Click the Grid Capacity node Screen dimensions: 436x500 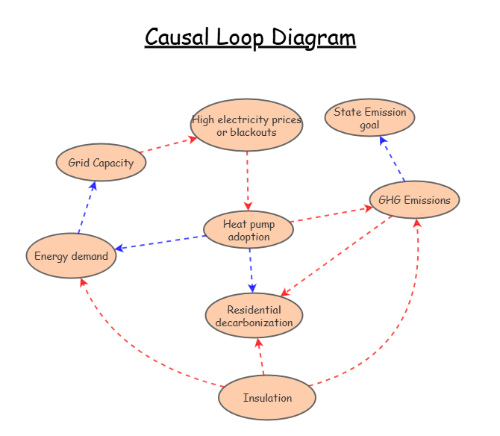101,163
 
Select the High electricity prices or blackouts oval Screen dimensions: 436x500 246,125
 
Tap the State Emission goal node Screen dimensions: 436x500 369,118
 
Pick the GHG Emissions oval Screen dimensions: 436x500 414,200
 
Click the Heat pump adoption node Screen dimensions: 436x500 249,230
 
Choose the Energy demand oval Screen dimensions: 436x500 71,256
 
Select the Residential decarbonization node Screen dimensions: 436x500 254,316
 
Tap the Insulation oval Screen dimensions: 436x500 267,397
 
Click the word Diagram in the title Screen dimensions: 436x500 313,37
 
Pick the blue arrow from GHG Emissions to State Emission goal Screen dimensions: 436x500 393,158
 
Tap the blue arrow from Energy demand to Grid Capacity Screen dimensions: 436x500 86,208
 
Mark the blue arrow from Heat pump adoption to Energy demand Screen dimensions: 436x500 160,243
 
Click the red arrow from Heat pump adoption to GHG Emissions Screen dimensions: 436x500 331,214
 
